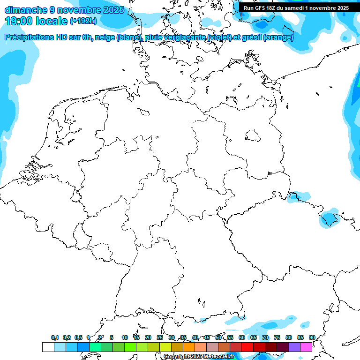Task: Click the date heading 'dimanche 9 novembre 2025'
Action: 64,10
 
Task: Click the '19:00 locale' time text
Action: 37,21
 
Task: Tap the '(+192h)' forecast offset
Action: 83,21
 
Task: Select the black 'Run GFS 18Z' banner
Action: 296,8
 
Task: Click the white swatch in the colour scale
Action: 48,347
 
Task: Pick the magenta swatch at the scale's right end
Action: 306,347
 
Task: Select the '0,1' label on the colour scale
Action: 55,337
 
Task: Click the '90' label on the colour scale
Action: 312,337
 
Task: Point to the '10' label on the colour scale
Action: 124,337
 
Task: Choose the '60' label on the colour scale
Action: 241,337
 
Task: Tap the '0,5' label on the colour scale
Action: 78,337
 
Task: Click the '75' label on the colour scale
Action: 277,337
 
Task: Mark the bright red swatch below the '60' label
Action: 247,347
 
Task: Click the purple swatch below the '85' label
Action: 294,347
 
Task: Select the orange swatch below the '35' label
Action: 189,347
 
